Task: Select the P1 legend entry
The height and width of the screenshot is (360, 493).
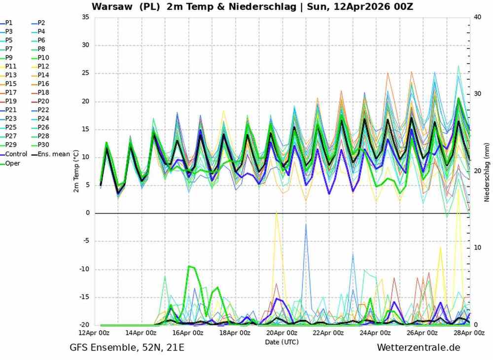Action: coord(9,23)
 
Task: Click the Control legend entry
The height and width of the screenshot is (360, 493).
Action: coord(16,154)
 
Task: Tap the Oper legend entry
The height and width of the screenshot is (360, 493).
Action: coord(13,163)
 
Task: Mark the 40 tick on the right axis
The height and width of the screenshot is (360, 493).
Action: coord(477,17)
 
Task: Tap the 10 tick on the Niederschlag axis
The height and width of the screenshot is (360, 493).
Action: coord(477,247)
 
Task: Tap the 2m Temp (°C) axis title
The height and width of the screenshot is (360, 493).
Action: coord(77,171)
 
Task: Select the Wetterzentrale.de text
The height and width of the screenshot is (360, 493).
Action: coord(419,348)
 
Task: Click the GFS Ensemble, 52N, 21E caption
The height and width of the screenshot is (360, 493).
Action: coord(127,348)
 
